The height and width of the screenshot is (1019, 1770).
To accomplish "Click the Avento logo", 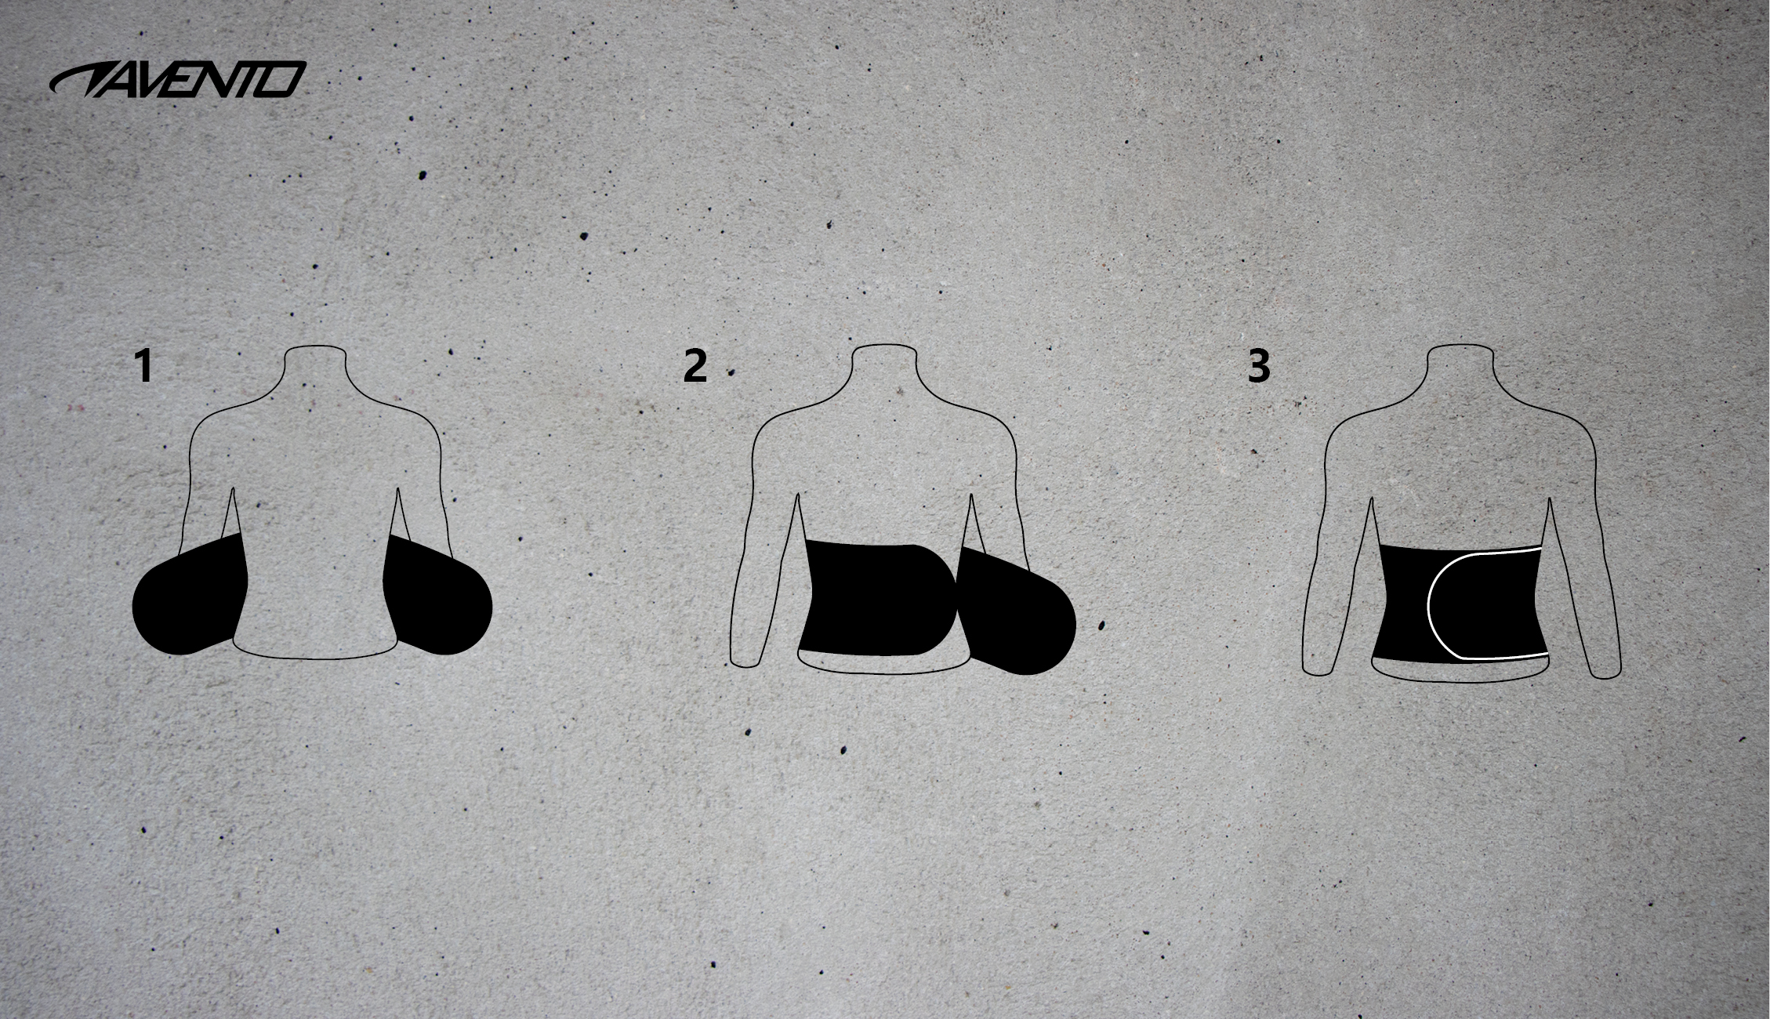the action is (x=177, y=79).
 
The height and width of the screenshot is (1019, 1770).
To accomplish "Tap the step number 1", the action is (x=143, y=366).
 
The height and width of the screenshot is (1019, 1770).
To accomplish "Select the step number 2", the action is (x=695, y=366).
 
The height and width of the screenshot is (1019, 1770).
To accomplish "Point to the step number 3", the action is (x=1258, y=366).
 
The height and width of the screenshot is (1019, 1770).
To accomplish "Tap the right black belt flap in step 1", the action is (x=435, y=596).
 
